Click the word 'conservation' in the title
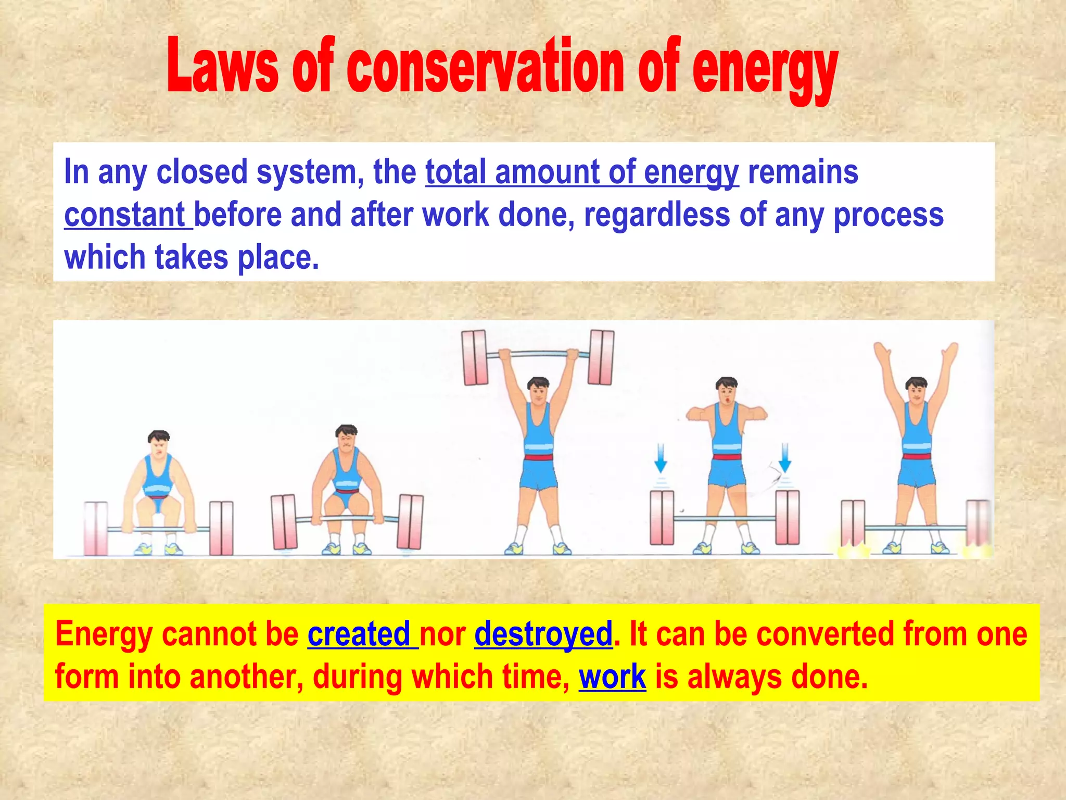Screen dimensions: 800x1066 (x=485, y=68)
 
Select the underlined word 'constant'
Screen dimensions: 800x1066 (x=125, y=215)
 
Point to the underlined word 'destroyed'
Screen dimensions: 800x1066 (x=543, y=634)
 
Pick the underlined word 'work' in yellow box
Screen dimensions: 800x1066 (x=612, y=677)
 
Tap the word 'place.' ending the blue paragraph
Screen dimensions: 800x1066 (x=278, y=257)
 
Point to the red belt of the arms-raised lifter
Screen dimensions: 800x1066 (x=917, y=457)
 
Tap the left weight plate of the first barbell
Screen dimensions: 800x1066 (x=96, y=528)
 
